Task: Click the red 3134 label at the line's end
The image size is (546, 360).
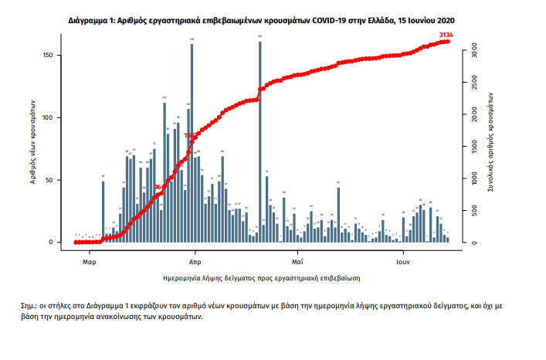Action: point(446,35)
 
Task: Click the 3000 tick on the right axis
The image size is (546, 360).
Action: point(475,51)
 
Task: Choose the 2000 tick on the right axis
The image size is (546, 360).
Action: point(475,115)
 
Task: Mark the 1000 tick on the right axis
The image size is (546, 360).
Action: point(475,179)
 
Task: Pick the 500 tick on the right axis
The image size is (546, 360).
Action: point(475,211)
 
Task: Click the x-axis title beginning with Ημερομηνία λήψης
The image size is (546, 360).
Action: point(263,276)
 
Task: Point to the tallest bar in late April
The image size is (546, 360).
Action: point(259,141)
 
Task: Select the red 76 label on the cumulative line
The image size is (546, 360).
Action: point(158,187)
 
